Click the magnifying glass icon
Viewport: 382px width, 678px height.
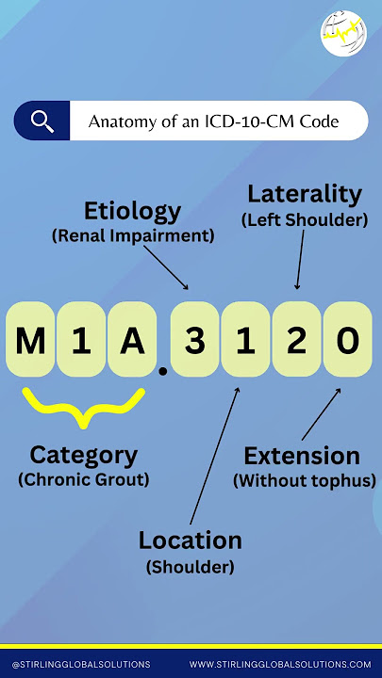pos(42,121)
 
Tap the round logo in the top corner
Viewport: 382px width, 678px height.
pos(343,33)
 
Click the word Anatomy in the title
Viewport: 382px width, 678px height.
pos(115,121)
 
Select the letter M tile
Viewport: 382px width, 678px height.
pos(30,339)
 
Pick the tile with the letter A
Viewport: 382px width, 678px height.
pos(132,339)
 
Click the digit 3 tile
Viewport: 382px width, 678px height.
pos(194,339)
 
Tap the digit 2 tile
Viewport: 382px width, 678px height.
pos(297,339)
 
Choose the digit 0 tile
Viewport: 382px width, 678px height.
pos(347,339)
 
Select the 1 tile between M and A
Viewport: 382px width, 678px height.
pos(81,339)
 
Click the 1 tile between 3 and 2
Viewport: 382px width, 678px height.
pos(245,339)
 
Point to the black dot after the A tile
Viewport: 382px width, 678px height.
pos(163,371)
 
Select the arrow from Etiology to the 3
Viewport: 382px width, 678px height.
pos(166,267)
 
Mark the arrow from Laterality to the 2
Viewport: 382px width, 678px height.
pos(300,260)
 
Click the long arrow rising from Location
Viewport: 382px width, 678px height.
pos(214,456)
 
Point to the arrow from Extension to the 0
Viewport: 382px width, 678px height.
pos(321,414)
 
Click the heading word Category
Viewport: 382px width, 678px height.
pos(84,456)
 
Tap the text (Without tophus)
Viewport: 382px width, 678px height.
pos(305,481)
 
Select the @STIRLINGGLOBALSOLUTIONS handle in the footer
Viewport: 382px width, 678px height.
pos(81,665)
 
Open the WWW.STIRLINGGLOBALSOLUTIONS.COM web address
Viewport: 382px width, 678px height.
pos(280,665)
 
